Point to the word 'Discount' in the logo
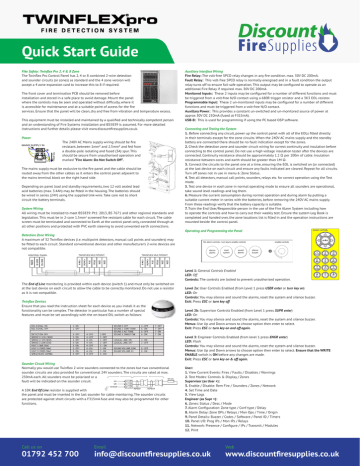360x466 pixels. [312, 21]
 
